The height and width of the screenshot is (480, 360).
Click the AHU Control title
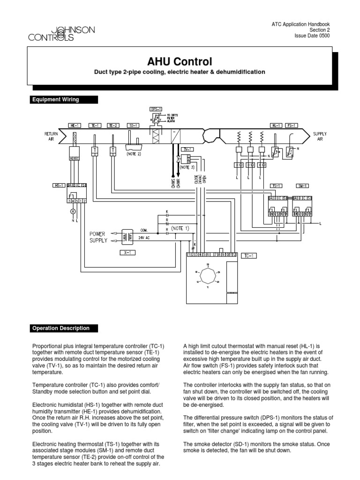(x=180, y=61)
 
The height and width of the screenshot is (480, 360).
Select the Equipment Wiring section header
(x=55, y=99)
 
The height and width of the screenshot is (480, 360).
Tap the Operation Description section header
(x=61, y=328)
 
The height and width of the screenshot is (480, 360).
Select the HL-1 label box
(x=276, y=126)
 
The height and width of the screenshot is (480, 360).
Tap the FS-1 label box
(x=291, y=126)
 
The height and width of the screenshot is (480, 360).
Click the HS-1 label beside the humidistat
(x=59, y=186)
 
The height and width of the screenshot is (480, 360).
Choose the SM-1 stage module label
(x=303, y=186)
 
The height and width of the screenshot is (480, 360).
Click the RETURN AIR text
(x=51, y=136)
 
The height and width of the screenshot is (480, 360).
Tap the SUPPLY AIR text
(x=320, y=136)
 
